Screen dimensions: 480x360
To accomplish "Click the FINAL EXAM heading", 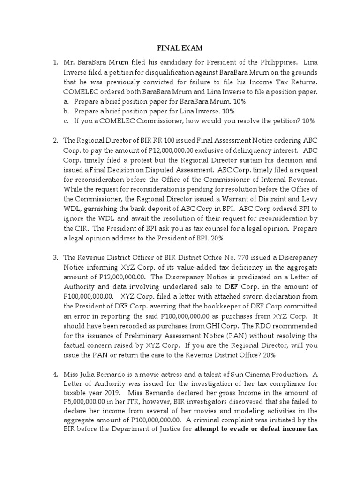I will [x=180, y=48].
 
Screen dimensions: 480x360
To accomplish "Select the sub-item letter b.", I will [x=67, y=111].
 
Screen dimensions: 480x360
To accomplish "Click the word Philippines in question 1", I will [x=276, y=62].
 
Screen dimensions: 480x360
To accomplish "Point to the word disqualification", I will [x=168, y=72].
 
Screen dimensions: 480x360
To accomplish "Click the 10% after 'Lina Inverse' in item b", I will [x=227, y=111].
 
